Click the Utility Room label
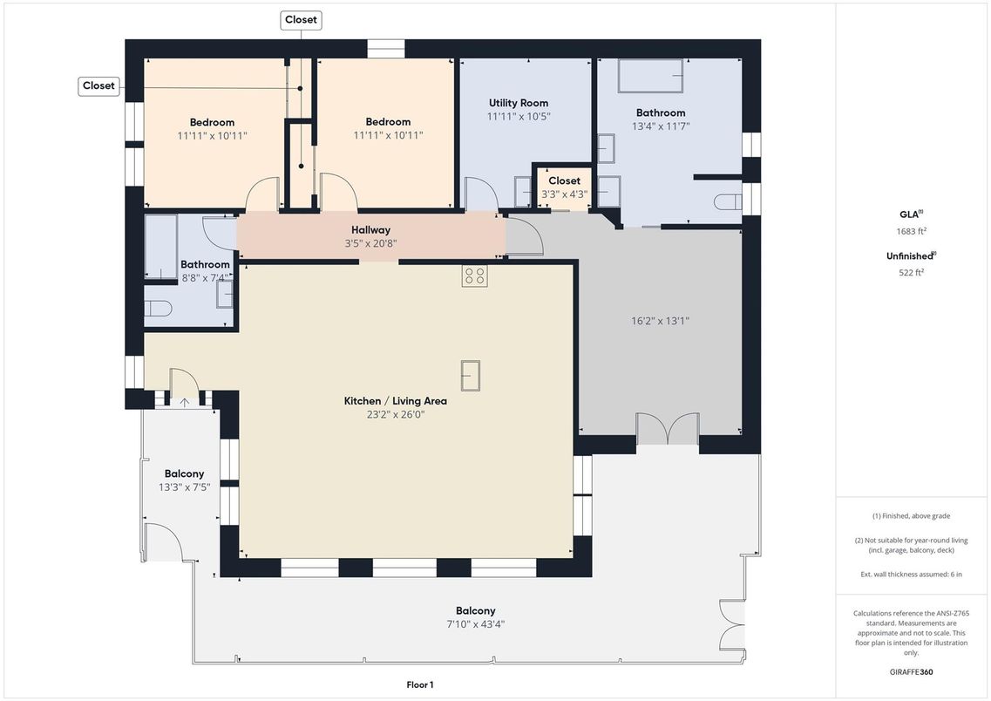pos(519,103)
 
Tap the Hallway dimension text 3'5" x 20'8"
pos(370,243)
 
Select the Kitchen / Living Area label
pos(395,401)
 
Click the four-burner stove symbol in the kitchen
pos(474,276)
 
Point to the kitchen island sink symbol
pos(470,375)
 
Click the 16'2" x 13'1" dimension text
pos(660,321)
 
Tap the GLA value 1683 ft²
pos(912,231)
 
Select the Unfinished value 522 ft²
pos(912,272)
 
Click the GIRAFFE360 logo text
pos(912,672)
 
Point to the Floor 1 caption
pos(419,684)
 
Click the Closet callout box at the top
pos(301,19)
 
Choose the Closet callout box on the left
pos(98,86)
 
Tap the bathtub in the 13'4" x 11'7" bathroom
pos(650,76)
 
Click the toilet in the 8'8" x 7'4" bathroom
pos(158,309)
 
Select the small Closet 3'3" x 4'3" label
pos(564,180)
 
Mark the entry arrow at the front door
pos(184,402)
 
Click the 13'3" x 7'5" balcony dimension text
pos(184,487)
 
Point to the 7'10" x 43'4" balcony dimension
pos(475,624)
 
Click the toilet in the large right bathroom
pos(728,202)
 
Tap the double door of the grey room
pos(668,428)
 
